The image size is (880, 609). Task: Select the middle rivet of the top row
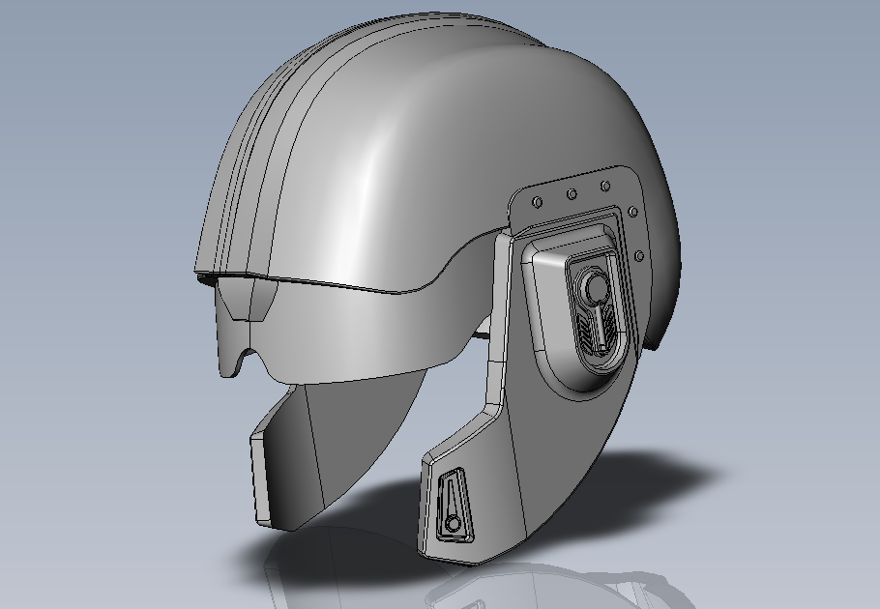572,194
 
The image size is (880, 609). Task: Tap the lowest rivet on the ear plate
638,256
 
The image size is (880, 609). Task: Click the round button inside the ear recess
593,287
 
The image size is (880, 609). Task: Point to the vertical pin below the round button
598,324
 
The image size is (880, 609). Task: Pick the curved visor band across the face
358,333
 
